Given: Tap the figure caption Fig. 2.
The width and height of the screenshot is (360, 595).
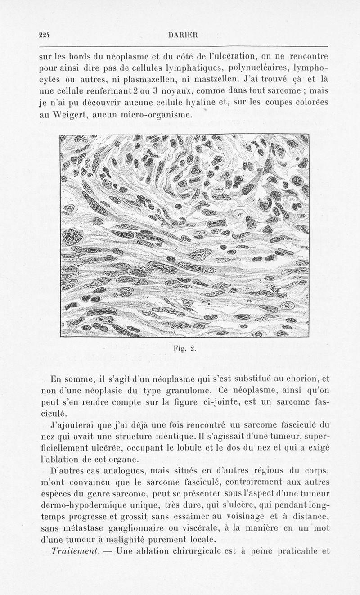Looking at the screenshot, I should [184, 348].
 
